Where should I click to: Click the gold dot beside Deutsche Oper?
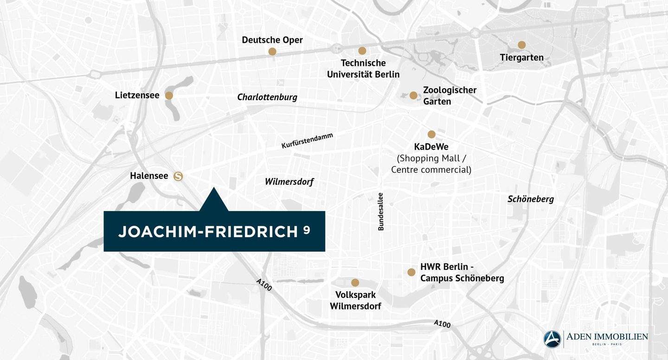tap(272, 51)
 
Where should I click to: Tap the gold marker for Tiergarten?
tap(522, 45)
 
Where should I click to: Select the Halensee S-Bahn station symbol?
tap(178, 176)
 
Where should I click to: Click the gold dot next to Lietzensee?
tap(169, 96)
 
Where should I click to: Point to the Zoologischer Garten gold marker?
tap(413, 96)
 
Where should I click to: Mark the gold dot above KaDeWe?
tap(431, 135)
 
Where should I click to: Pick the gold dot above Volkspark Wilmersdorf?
tap(355, 283)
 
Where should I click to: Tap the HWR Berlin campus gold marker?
tap(411, 272)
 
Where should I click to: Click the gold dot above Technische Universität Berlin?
tap(362, 51)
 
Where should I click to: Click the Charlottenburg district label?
tap(267, 97)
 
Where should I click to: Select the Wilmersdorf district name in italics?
tap(289, 181)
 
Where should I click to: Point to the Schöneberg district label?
tap(531, 199)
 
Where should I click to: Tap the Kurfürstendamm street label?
tap(307, 141)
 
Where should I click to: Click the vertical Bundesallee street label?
tap(381, 212)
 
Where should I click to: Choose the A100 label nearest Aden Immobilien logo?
tap(442, 323)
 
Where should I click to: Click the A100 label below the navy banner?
tap(264, 284)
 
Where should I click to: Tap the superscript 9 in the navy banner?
tap(307, 229)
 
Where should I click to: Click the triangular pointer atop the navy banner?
tap(214, 200)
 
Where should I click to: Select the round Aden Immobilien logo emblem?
tap(552, 339)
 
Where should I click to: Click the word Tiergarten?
tap(522, 58)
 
